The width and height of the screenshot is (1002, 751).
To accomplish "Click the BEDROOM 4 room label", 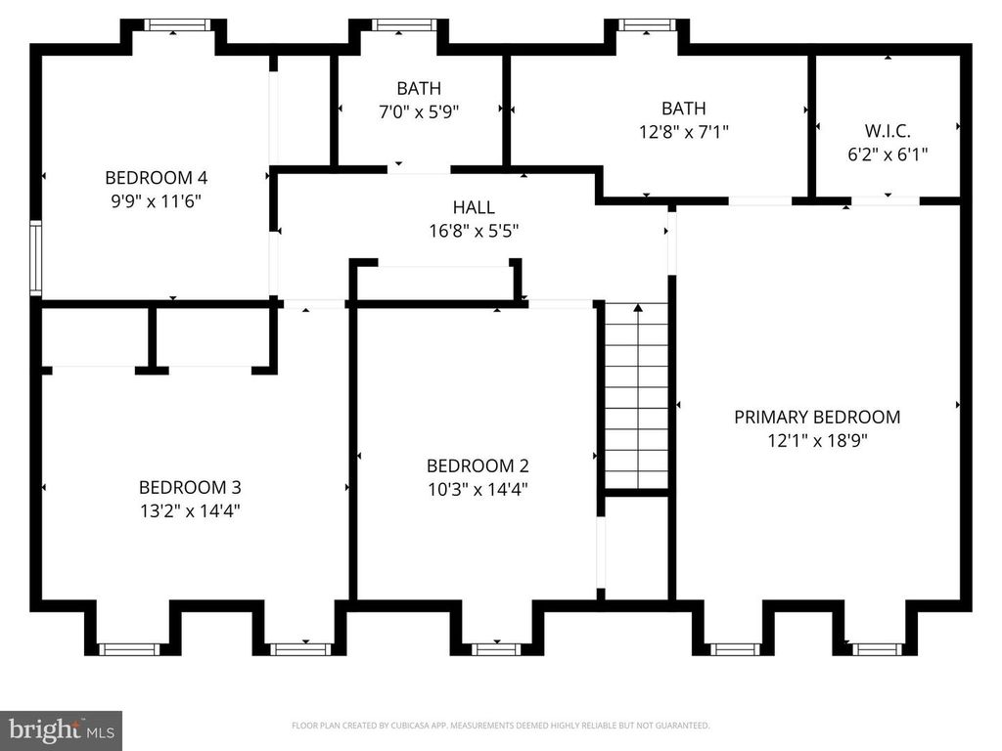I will (157, 178).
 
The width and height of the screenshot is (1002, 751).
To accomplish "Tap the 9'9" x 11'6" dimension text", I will (157, 201).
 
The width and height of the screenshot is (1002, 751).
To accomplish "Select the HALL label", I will (474, 207).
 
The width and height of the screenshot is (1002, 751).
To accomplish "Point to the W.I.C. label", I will (888, 130).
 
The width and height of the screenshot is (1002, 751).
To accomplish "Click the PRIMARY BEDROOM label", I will (817, 417).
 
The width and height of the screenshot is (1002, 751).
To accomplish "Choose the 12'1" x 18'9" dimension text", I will (817, 440).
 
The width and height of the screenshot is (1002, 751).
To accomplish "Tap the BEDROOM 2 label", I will (478, 466).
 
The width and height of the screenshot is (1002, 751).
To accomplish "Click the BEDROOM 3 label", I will (190, 487).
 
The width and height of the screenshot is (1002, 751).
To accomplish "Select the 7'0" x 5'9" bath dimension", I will (419, 111).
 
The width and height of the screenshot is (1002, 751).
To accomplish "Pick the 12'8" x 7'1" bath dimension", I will (683, 131).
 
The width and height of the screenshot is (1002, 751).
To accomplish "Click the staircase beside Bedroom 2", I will (637, 396).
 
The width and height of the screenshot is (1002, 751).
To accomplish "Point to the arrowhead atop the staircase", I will (638, 308).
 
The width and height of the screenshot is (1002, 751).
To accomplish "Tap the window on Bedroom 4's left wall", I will (36, 258).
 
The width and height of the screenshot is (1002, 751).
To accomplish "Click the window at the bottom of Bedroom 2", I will (496, 648).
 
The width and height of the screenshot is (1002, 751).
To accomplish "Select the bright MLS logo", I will (61, 729).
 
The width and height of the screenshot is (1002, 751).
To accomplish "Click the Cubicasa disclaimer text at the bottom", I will (500, 726).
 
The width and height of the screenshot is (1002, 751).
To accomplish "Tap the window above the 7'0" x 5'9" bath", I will (403, 25).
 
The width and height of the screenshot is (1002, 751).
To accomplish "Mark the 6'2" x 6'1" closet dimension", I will (888, 154).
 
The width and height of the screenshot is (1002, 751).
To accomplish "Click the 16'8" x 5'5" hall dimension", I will (474, 232).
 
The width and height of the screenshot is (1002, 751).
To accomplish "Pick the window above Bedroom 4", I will (176, 25).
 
